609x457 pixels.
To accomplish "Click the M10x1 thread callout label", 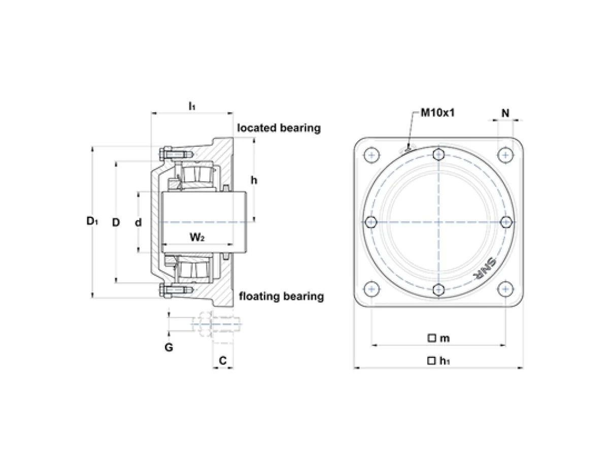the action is [437, 113].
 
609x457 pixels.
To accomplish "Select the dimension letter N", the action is [505, 113].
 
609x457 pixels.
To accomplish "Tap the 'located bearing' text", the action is [279, 128].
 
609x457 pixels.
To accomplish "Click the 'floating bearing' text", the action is [281, 297].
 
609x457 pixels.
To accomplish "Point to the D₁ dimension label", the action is [92, 221].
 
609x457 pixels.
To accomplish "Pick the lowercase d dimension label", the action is [138, 222].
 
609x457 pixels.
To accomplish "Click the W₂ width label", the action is [197, 237].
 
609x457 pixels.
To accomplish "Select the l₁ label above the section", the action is [192, 106].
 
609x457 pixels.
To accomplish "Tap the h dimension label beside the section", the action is [254, 180].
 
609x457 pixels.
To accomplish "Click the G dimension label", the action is [168, 347].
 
